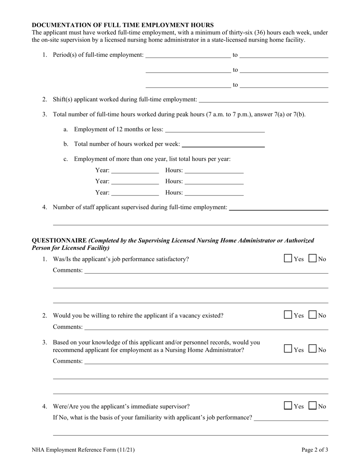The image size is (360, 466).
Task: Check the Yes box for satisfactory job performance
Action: [x=288, y=259]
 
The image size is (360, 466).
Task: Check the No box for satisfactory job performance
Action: [x=313, y=259]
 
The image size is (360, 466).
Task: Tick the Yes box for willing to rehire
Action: [x=288, y=315]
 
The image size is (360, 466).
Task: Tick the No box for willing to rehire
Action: [x=313, y=315]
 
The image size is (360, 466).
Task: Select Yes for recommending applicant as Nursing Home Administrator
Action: [x=288, y=349]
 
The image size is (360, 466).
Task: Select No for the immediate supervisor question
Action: [x=313, y=406]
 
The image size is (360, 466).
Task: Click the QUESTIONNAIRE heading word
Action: [x=59, y=240]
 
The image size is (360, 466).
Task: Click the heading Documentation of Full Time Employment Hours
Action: [x=122, y=25]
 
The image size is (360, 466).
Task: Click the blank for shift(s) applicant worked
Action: [x=263, y=99]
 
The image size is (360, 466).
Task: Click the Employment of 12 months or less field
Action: [x=215, y=129]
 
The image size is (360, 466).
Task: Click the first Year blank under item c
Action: [x=135, y=170]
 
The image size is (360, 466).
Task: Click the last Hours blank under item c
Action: [x=214, y=192]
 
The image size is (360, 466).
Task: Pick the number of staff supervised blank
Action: [x=279, y=207]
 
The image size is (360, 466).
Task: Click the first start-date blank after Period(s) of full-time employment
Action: [x=188, y=55]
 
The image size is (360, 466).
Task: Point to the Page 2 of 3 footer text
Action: [x=315, y=450]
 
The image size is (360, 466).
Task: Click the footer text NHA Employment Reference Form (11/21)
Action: [x=83, y=450]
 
